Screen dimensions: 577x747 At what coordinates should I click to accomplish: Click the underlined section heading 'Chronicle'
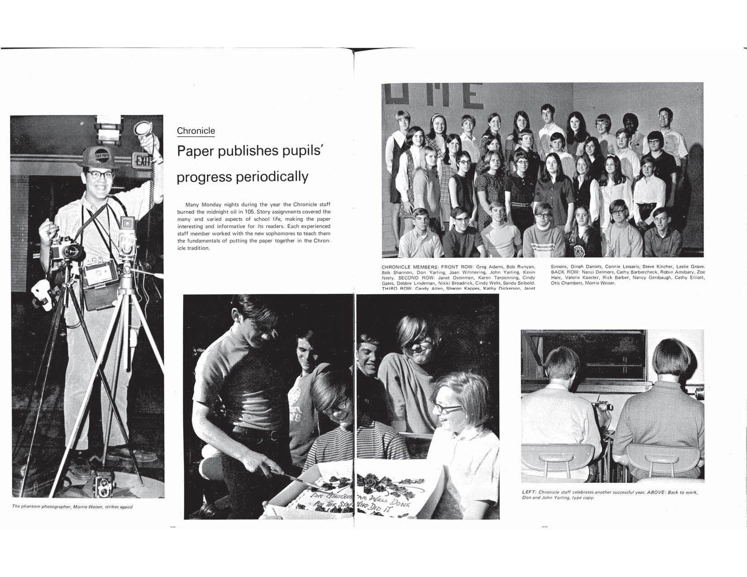tap(196, 131)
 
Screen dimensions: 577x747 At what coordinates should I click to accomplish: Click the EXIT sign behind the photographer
tap(141, 161)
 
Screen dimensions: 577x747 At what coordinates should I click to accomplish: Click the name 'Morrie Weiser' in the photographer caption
tap(87, 507)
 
